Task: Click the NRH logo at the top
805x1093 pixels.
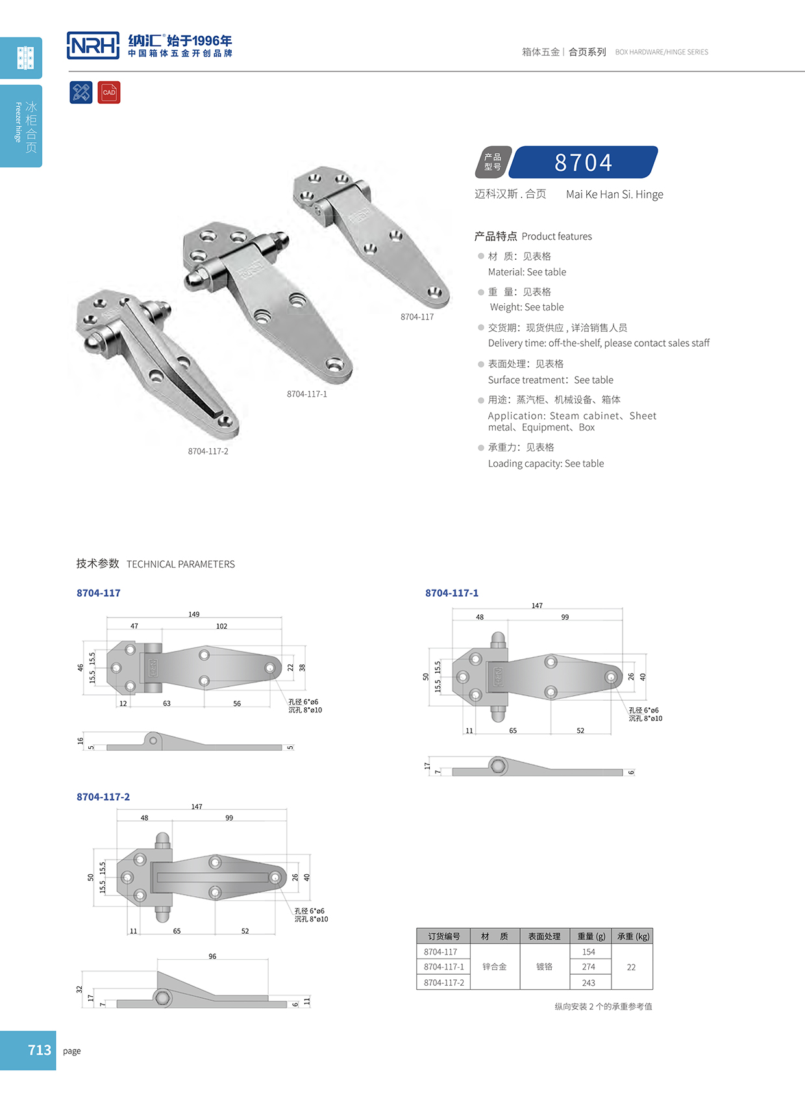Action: click(x=93, y=45)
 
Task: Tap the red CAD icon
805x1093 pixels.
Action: click(x=109, y=92)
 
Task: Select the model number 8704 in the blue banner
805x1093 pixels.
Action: click(x=583, y=162)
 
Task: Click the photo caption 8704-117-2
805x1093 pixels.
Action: click(x=208, y=451)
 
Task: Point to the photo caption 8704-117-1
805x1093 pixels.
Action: click(x=306, y=394)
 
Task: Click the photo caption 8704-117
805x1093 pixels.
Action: click(x=417, y=317)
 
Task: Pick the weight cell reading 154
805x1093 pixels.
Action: click(x=588, y=952)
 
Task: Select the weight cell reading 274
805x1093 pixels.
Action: click(x=588, y=967)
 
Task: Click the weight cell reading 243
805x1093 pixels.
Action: click(x=588, y=983)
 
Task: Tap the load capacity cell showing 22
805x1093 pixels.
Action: click(x=631, y=967)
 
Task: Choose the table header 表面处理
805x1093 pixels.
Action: click(x=544, y=936)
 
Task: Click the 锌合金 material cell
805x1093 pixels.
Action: click(x=495, y=967)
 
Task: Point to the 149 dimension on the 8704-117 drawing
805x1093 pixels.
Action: click(x=194, y=614)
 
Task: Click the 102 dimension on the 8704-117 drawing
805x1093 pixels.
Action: click(x=221, y=627)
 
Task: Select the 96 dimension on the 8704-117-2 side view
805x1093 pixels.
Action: click(x=212, y=957)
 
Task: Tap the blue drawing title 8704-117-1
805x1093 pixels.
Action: click(x=452, y=593)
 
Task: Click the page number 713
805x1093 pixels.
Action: click(x=40, y=1050)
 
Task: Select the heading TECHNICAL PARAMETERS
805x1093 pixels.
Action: click(x=180, y=564)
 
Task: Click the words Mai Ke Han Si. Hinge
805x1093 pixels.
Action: click(x=614, y=194)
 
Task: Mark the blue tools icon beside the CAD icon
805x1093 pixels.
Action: click(x=81, y=92)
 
